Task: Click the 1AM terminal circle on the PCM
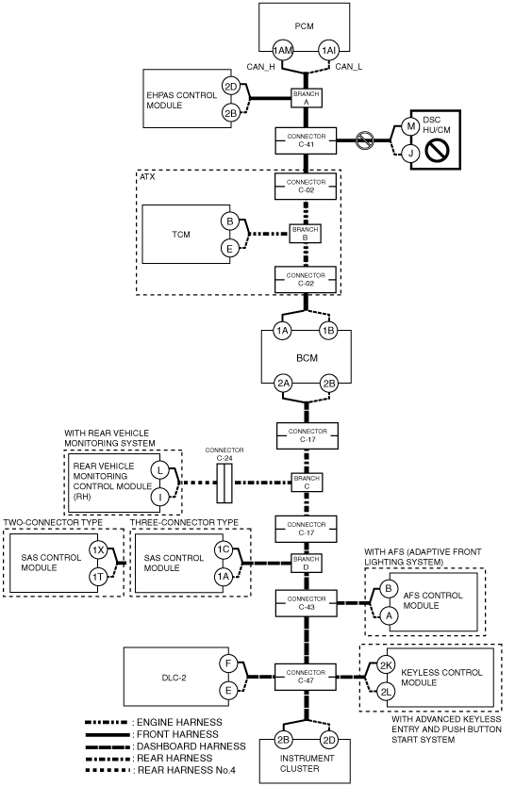(x=283, y=50)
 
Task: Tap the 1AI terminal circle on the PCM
(x=328, y=50)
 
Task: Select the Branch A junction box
(x=307, y=98)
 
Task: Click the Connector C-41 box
(x=306, y=140)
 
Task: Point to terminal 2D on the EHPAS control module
(x=230, y=87)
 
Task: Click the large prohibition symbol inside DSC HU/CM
(x=437, y=151)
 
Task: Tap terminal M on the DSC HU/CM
(x=410, y=126)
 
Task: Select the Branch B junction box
(x=306, y=234)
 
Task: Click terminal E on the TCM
(x=230, y=249)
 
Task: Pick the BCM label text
(x=307, y=358)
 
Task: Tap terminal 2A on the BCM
(x=283, y=384)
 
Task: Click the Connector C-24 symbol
(x=224, y=483)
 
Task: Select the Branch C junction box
(x=307, y=483)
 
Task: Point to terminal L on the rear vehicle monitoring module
(x=160, y=470)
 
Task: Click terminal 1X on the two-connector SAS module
(x=98, y=549)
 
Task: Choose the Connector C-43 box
(x=307, y=603)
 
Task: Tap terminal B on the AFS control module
(x=388, y=589)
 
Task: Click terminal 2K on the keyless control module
(x=386, y=665)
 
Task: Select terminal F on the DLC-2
(x=228, y=663)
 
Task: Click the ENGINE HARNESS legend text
(x=179, y=722)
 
